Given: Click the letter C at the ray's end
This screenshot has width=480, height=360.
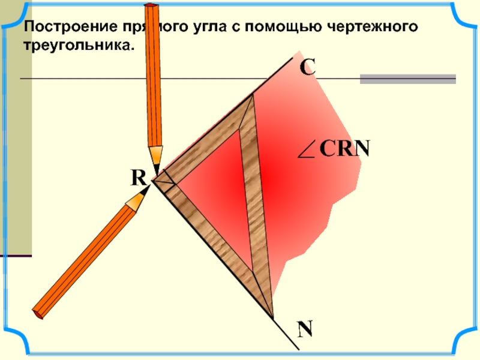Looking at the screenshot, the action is (307, 67).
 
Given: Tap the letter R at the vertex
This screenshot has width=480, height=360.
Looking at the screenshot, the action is (139, 177).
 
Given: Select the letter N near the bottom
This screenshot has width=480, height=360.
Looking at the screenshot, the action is (305, 329).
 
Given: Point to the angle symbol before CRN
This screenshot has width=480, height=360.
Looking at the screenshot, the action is (307, 150).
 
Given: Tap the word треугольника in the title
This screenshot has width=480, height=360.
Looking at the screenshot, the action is (76, 45).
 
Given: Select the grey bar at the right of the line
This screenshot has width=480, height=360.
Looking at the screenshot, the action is (407, 79).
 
